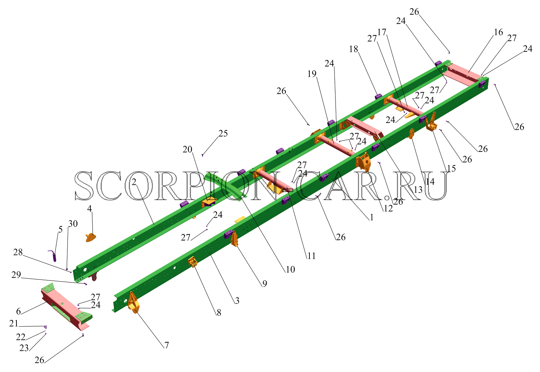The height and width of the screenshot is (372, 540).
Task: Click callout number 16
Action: click(498, 32)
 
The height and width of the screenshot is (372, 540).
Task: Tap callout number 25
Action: click(223, 133)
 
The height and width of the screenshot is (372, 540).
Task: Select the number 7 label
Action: click(167, 345)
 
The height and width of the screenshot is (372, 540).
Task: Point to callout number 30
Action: click(73, 224)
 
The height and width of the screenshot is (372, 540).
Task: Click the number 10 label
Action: click(290, 269)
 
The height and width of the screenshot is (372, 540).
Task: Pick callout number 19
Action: click(312, 74)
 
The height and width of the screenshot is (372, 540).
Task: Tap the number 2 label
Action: click(134, 182)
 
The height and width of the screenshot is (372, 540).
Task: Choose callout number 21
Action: click(14, 323)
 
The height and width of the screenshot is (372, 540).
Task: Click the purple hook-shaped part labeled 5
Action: click(53, 256)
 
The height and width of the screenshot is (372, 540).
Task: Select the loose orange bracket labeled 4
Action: click(91, 237)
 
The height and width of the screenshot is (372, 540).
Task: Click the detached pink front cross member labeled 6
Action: click(66, 306)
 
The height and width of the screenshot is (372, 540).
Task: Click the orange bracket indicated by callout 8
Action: click(193, 262)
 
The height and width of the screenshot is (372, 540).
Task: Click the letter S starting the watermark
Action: click(84, 185)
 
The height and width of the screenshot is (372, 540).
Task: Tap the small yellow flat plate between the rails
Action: click(240, 219)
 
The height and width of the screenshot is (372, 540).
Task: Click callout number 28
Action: click(18, 252)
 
